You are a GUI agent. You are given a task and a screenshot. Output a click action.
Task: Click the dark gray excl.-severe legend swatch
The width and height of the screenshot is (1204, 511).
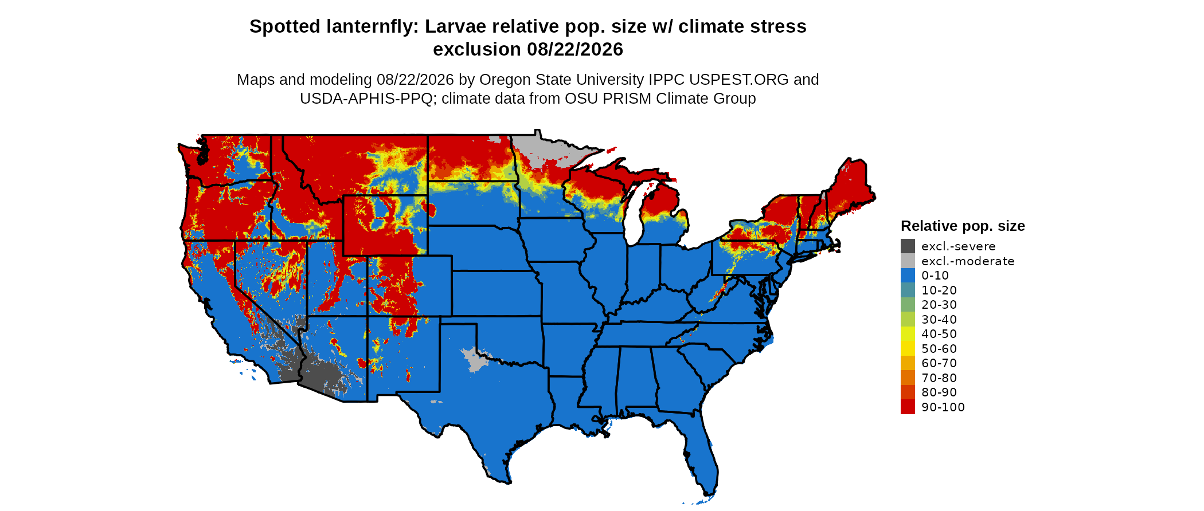(908, 246)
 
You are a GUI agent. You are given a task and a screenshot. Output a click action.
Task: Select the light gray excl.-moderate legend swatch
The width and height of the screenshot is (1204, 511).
(908, 261)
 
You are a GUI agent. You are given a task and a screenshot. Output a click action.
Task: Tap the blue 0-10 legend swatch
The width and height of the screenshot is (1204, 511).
(908, 276)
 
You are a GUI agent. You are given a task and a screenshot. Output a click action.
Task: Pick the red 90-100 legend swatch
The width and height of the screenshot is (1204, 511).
(908, 407)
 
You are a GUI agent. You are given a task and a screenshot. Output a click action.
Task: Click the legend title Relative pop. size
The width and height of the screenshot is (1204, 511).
(963, 226)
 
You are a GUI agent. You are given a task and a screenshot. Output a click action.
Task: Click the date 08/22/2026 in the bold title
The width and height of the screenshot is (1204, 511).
(575, 49)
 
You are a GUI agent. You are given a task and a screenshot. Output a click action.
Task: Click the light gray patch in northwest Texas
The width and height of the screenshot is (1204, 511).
(474, 359)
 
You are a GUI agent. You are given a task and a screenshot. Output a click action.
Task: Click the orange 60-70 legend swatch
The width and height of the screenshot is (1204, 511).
(908, 363)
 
